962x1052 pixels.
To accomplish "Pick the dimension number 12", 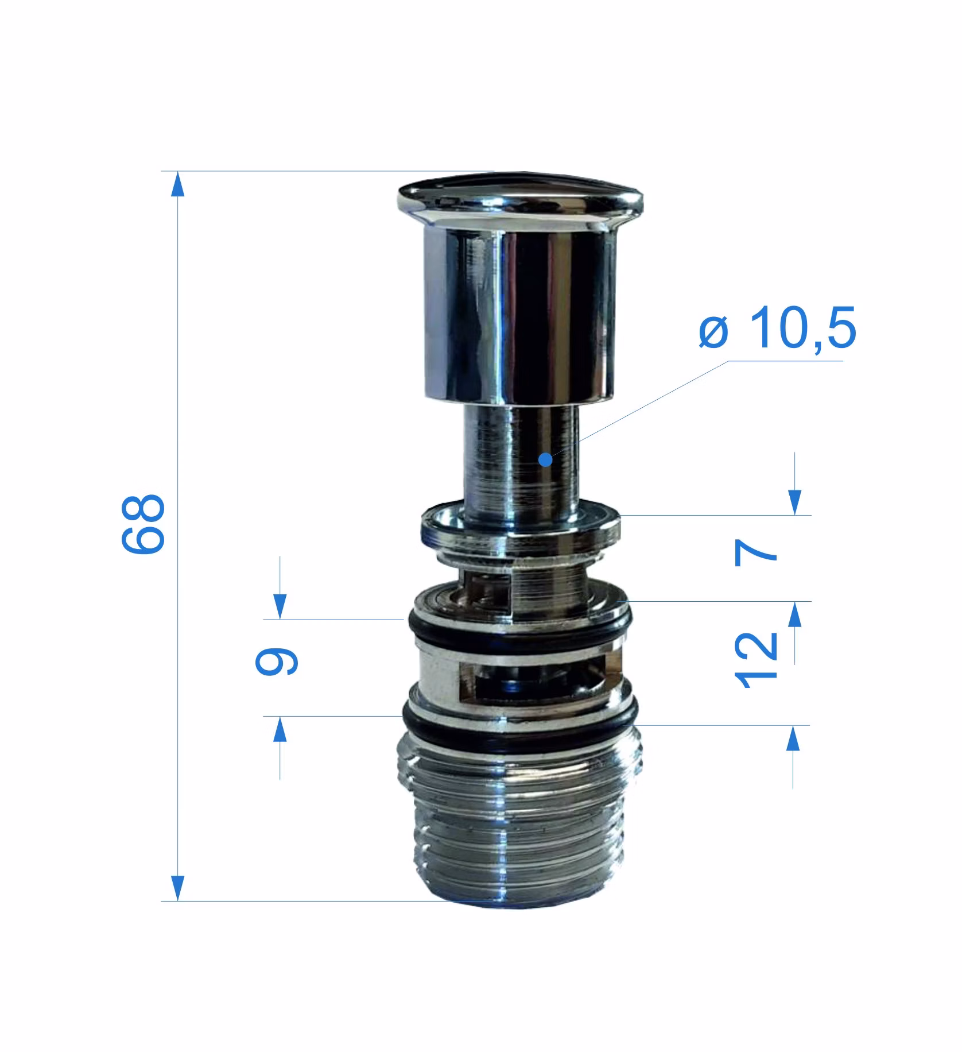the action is click(x=756, y=659).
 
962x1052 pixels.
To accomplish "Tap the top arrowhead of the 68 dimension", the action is click(x=179, y=185).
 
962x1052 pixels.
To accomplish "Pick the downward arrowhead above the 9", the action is click(x=280, y=606).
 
